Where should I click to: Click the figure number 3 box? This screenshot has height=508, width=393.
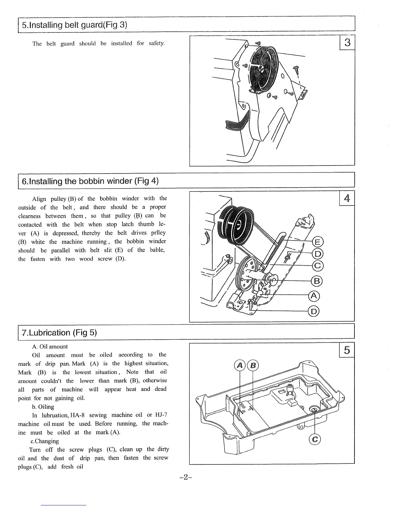(347, 42)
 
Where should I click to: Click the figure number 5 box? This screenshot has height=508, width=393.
(347, 350)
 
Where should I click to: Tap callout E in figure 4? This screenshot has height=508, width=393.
(318, 242)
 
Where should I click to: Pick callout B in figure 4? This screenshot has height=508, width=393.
(317, 281)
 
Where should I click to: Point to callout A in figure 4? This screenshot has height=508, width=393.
(314, 296)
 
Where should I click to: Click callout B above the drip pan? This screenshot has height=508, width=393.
(253, 365)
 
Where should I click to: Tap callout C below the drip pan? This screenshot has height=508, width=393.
(315, 439)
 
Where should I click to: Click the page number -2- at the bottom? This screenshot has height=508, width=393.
(186, 477)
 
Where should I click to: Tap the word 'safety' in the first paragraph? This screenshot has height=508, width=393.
(157, 43)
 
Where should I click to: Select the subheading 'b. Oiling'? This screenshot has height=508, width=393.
(43, 407)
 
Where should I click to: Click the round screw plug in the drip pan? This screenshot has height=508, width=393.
(314, 409)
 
